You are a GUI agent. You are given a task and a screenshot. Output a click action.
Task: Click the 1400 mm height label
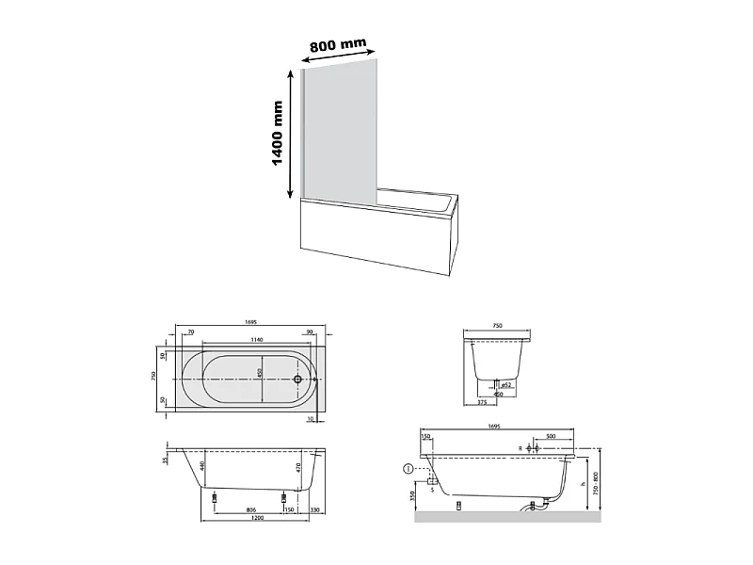[279, 135]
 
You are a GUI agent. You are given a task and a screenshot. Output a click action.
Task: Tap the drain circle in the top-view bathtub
[297, 379]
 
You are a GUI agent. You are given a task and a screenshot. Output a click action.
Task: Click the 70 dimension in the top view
[190, 331]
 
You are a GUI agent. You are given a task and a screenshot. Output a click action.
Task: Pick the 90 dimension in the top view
[309, 331]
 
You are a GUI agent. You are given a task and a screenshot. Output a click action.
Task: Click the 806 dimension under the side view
[251, 509]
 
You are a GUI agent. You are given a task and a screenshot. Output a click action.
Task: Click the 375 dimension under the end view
[483, 402]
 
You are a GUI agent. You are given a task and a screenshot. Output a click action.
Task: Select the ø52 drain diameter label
[505, 385]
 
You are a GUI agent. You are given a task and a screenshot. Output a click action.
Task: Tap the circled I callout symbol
[407, 468]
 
